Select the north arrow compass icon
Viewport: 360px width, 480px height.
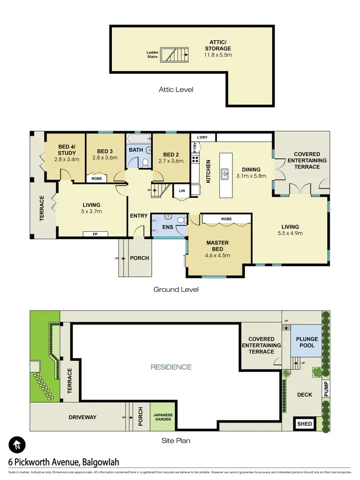(x=17, y=444)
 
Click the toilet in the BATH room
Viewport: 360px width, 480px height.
(x=145, y=163)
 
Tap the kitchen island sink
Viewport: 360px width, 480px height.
(x=224, y=174)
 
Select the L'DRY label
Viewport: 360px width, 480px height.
(x=202, y=137)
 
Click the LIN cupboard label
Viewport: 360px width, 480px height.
(x=181, y=191)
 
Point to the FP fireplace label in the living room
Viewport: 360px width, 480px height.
(x=95, y=234)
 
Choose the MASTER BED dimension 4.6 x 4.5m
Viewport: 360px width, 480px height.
(x=217, y=255)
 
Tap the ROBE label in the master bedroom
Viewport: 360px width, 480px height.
(x=227, y=219)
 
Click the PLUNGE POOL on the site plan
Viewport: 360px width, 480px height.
(x=307, y=342)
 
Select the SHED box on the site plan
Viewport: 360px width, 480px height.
(x=305, y=424)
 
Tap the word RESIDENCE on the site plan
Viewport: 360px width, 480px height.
(x=171, y=367)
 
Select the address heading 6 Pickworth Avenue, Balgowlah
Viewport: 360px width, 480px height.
(x=64, y=462)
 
